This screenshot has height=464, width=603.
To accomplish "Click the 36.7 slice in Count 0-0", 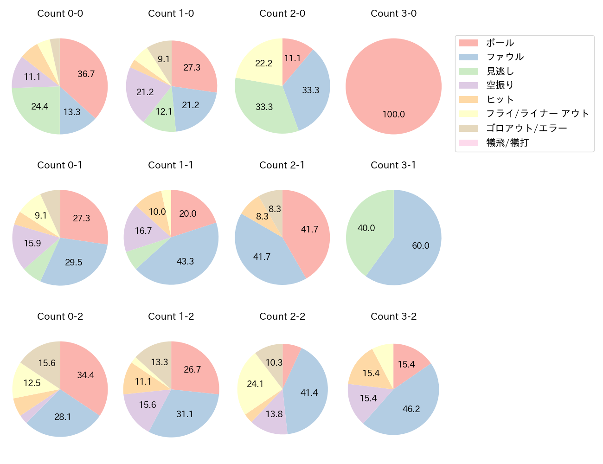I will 86,74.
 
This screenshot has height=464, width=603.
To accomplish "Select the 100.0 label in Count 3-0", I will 393,114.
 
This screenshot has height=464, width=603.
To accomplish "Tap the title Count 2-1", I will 282,165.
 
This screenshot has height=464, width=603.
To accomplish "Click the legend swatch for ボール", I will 468,43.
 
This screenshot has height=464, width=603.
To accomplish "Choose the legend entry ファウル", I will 505,57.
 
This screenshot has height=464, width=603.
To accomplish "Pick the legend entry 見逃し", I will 500,71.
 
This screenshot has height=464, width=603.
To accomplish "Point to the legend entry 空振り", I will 500,85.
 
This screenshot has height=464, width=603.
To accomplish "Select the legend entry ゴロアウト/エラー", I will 526,128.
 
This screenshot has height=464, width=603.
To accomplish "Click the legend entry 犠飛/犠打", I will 507,142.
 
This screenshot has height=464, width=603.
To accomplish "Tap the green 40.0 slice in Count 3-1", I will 366,228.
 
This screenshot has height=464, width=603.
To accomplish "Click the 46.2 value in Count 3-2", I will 411,409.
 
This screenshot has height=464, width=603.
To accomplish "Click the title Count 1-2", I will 171,316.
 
